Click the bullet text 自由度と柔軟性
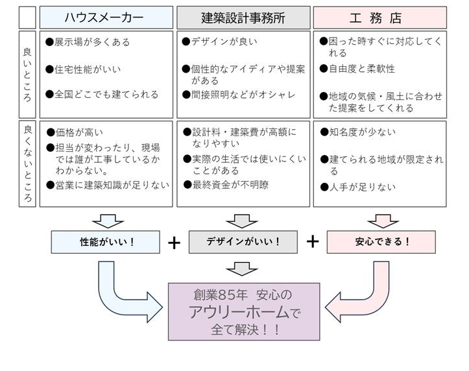pos(361,69)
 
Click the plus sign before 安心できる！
pos(312,242)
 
